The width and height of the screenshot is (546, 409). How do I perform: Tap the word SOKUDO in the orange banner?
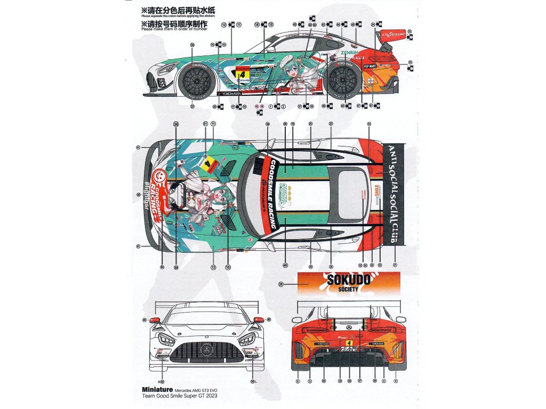click(x=348, y=279)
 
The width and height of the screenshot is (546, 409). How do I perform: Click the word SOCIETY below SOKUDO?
click(x=348, y=289)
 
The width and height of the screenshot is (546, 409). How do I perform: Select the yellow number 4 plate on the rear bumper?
click(x=349, y=344)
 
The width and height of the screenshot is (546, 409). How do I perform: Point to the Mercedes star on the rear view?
click(x=349, y=326)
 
